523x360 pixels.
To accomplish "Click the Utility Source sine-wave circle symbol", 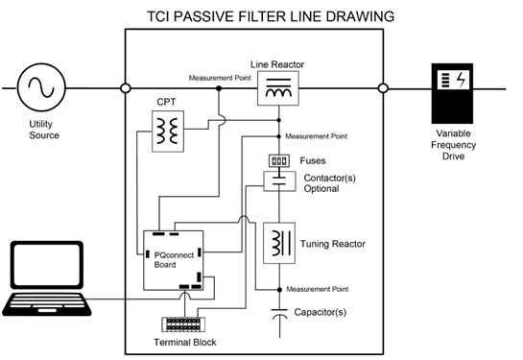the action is coord(41,87).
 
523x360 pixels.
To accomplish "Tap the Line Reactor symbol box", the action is coord(278,88).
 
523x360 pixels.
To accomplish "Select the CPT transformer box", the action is coord(168,132).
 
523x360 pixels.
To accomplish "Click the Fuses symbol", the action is coord(279,161).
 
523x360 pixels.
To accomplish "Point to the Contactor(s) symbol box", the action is coord(279,181).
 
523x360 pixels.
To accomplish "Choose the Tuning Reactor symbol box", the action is coord(279,243).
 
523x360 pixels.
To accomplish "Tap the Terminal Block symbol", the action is coord(183,324).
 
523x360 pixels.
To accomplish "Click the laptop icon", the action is coord(47,278).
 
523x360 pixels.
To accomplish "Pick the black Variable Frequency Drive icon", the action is coord(452,93).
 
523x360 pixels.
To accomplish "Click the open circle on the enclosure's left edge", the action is coord(126,88).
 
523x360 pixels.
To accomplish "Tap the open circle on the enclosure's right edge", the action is coord(383,88).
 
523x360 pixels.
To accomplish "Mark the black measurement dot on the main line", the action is coord(219,88).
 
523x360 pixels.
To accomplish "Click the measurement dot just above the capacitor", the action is coord(279,290).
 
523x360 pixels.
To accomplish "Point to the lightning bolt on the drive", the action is coord(461,80).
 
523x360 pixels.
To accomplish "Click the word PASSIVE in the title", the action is coord(203,16).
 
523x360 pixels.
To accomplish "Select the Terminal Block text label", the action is coord(185,343).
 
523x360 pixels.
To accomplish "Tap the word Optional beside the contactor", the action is coord(321,189).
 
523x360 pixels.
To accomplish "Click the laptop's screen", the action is coord(47,264).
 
